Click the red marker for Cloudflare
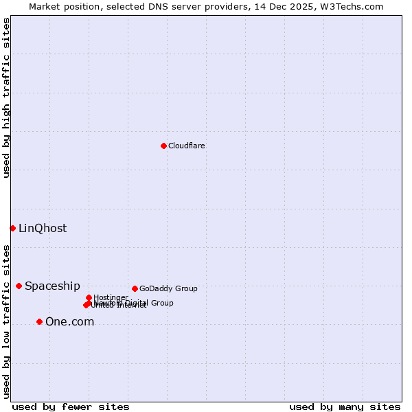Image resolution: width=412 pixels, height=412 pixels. click(x=163, y=146)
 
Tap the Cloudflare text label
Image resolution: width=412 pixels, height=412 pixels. click(x=187, y=146)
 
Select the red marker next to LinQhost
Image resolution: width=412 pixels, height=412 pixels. click(x=12, y=228)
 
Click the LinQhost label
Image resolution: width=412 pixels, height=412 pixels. click(x=43, y=229)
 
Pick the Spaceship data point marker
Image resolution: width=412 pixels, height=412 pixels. click(x=19, y=286)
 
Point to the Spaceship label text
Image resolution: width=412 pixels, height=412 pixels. click(x=52, y=286)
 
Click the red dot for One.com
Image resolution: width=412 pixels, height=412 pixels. click(x=39, y=321)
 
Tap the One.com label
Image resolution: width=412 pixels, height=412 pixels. click(x=69, y=322)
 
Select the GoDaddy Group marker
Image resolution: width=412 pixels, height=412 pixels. click(x=135, y=288)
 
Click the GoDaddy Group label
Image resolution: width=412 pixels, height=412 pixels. click(x=168, y=289)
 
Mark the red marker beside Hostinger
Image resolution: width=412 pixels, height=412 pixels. click(x=89, y=297)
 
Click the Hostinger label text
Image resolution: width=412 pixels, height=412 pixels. click(x=111, y=297)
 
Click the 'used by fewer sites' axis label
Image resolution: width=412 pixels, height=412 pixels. click(x=71, y=407)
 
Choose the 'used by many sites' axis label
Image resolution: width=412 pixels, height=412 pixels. click(x=345, y=407)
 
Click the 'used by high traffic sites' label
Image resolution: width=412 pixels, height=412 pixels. click(x=6, y=98)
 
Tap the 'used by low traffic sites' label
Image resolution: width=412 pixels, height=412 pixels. click(x=6, y=321)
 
